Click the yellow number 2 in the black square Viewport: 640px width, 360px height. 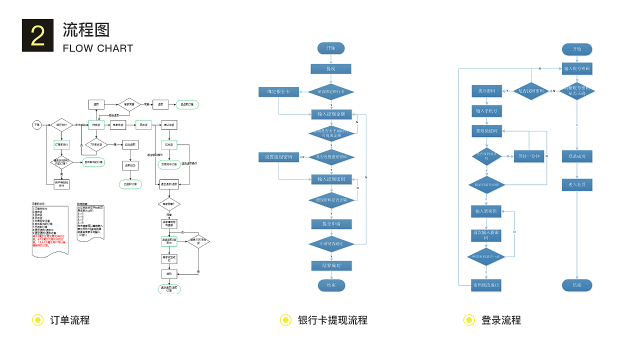37,35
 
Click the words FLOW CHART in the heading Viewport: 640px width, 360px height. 98,48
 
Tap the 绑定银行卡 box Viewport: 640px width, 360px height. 278,92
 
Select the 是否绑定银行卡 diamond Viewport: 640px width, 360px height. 330,92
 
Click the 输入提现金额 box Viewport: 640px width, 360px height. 331,114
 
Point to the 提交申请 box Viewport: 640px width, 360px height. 331,223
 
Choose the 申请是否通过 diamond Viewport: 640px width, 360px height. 331,243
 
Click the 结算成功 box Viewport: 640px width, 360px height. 331,265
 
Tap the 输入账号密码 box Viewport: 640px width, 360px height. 577,68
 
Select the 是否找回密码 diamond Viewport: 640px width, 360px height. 531,91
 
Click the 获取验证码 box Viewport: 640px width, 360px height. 486,131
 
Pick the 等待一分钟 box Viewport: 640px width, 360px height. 529,156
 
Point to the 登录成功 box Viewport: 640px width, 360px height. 577,156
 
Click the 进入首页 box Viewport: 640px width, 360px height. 577,184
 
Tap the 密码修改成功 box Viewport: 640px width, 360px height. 486,285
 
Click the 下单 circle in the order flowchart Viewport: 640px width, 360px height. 36,124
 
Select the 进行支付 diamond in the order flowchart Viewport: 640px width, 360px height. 62,124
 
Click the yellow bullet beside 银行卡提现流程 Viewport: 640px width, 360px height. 285,320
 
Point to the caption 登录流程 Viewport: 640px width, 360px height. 501,320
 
